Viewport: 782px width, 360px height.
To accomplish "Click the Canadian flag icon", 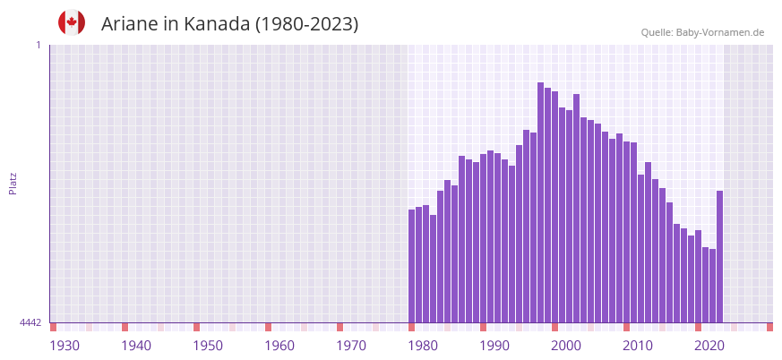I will click(72, 22).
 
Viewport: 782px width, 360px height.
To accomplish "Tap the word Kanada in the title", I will click(218, 24).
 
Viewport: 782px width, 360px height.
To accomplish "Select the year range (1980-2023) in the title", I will click(306, 24).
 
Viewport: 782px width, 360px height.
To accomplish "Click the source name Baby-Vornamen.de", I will click(720, 32).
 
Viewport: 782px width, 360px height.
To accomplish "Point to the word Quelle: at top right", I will click(657, 32).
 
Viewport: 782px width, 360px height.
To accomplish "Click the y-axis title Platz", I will click(13, 184).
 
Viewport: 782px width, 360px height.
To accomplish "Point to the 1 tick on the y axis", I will click(38, 45).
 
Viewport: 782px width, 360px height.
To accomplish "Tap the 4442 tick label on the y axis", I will click(30, 322).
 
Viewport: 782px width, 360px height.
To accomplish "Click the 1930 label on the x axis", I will click(64, 346).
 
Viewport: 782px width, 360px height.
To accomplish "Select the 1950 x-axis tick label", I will click(208, 346).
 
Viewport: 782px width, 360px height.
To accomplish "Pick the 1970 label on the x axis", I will click(351, 346).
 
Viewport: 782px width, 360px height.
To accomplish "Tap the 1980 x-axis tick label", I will click(423, 346).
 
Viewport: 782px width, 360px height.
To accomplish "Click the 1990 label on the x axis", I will click(494, 346).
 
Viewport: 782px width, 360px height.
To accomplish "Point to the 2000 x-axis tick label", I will click(566, 346).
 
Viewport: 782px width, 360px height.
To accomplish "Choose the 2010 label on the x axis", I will click(638, 346).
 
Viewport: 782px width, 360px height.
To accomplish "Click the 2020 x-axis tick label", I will click(709, 346).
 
